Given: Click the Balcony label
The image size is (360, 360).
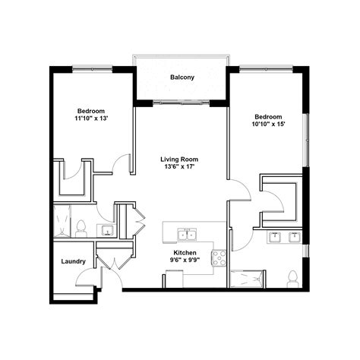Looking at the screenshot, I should coord(182,77).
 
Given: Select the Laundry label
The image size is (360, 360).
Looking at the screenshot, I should coord(73,262).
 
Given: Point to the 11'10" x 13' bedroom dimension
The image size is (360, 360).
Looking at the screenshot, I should coord(91,118).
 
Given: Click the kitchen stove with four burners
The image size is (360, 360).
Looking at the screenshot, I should coord(219,257).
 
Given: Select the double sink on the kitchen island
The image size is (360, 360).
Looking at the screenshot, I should coord(185,232).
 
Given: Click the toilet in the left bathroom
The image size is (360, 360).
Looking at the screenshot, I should coord(81,227).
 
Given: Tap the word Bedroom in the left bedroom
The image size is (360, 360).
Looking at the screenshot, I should coord(91,110).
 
